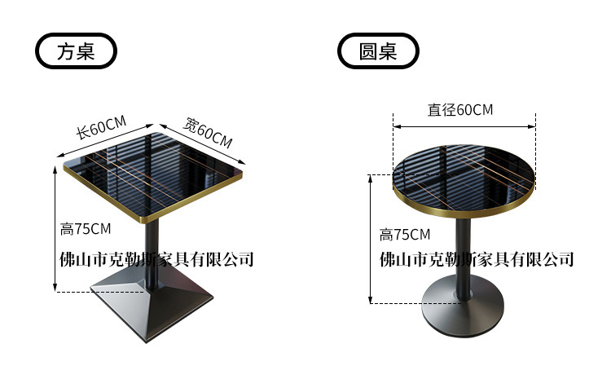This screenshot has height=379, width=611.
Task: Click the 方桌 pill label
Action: coord(77,51)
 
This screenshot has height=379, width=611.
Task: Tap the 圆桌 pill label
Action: coord(378,51)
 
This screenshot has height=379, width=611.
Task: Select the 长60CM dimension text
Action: coord(101,130)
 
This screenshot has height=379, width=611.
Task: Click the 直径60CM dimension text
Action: coord(460,110)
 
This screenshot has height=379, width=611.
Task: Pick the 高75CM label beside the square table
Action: coord(86,229)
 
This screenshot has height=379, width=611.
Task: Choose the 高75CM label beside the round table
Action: coord(405,235)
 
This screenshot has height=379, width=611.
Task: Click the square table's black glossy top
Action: coord(155,172)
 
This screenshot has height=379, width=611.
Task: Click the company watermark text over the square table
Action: coord(158,260)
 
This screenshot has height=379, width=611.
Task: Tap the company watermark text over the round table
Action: coord(477,260)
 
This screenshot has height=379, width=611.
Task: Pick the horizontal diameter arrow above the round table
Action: coord(464,126)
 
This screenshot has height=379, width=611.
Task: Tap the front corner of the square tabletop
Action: coord(147,222)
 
